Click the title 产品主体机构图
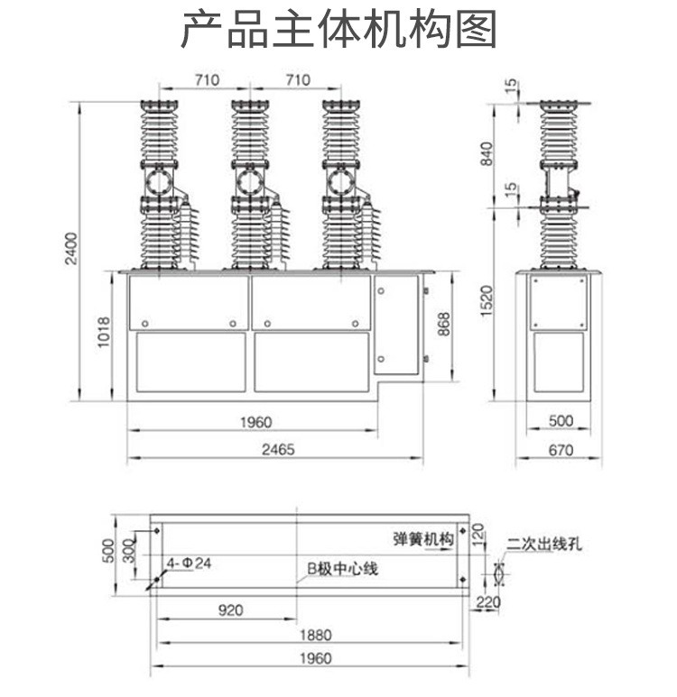point(338,31)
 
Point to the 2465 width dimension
point(274,449)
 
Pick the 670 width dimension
point(561,451)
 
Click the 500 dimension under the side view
point(561,421)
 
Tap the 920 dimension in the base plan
point(230,610)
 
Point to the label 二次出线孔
point(545,543)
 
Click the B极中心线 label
point(341,569)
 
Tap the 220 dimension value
point(487,602)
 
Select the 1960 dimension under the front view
point(256,421)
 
